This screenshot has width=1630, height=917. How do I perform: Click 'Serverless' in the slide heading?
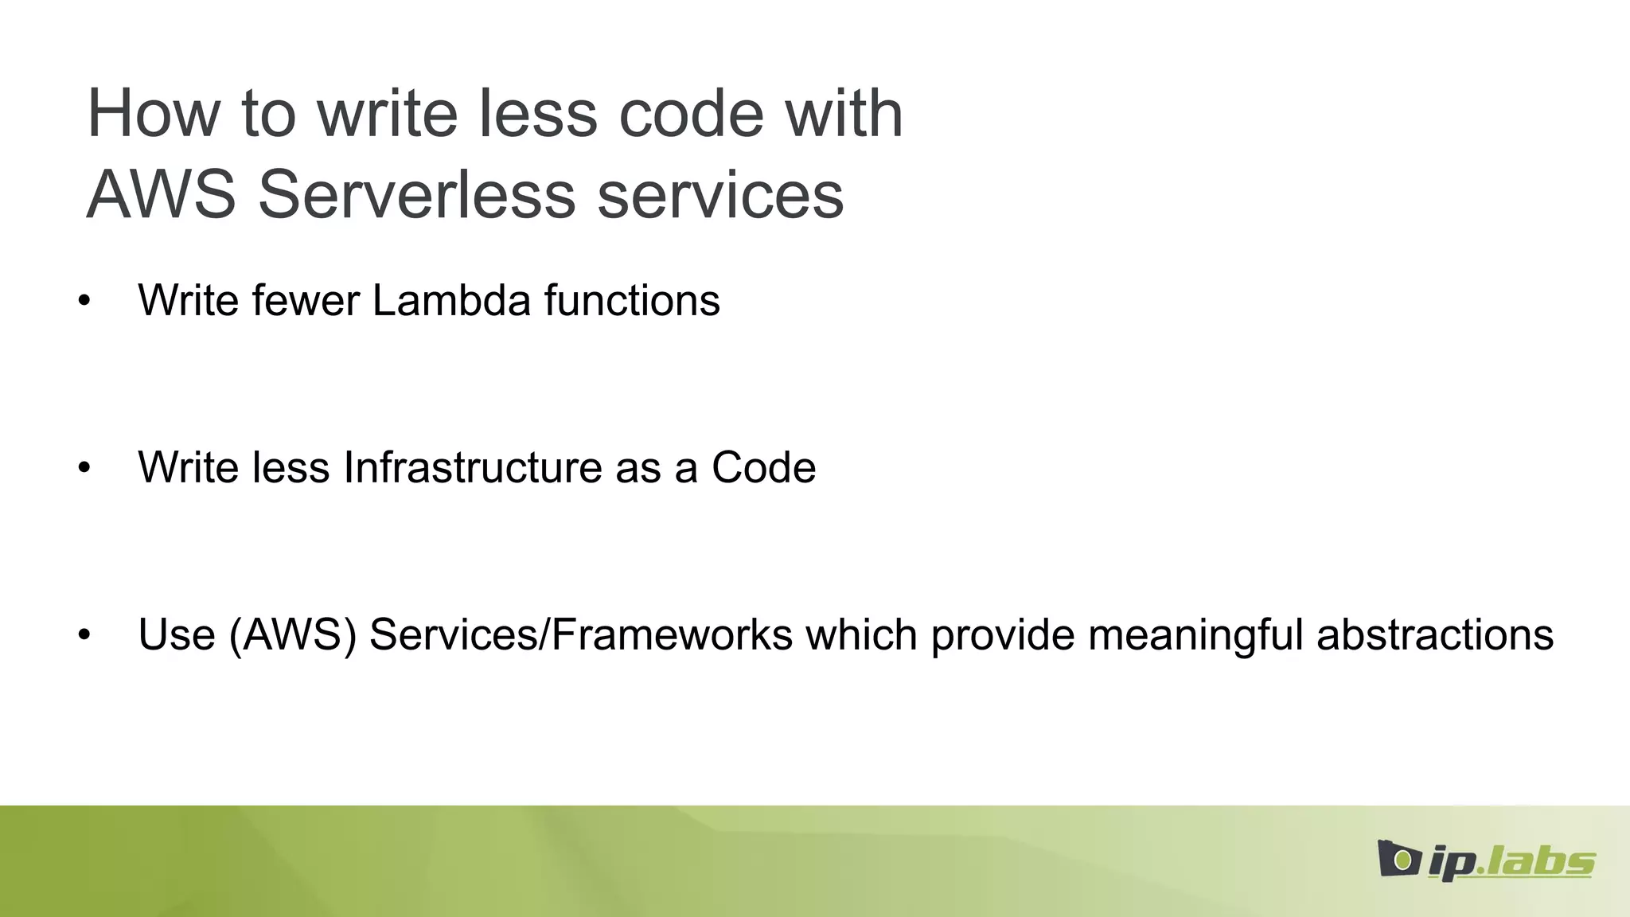pyautogui.click(x=416, y=196)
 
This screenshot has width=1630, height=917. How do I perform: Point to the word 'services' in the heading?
pyautogui.click(x=720, y=196)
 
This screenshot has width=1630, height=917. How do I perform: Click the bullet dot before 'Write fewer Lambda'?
pyautogui.click(x=84, y=302)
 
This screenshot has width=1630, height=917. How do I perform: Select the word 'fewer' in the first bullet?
pyautogui.click(x=306, y=301)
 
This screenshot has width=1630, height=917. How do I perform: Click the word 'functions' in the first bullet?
pyautogui.click(x=632, y=301)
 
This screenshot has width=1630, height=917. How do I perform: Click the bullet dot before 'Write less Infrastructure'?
pyautogui.click(x=84, y=468)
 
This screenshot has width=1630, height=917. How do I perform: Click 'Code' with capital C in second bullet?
pyautogui.click(x=763, y=467)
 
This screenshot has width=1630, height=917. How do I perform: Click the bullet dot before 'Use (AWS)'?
pyautogui.click(x=84, y=636)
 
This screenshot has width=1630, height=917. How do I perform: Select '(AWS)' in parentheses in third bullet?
pyautogui.click(x=292, y=635)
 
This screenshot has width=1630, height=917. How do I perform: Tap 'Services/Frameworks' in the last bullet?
pyautogui.click(x=581, y=635)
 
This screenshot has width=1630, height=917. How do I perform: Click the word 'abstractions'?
pyautogui.click(x=1434, y=635)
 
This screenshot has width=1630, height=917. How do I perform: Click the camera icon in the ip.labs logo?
pyautogui.click(x=1398, y=859)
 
